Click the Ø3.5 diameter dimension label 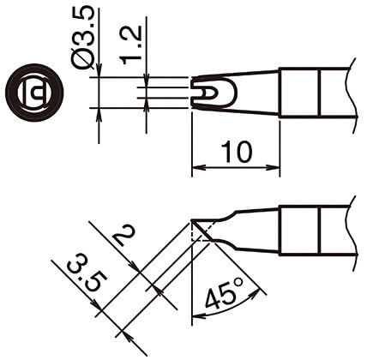83,38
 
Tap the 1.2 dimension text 130,45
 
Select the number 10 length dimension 237,152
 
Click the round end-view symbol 34,92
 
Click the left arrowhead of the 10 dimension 197,167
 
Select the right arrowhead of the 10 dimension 274,167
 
